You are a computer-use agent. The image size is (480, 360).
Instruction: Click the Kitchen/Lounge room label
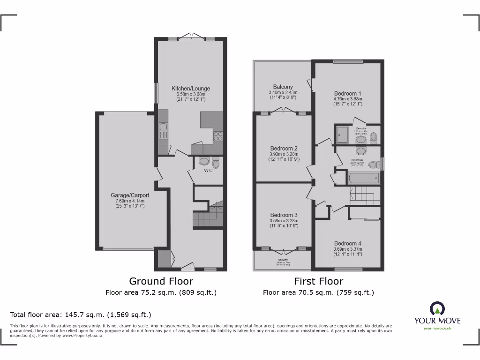tap(191, 89)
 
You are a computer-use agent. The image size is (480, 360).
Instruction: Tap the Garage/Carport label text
tap(130, 195)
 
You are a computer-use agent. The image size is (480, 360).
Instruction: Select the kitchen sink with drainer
tap(163, 131)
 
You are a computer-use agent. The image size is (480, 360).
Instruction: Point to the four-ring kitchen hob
tap(218, 136)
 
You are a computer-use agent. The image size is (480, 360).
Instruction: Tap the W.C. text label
tap(209, 171)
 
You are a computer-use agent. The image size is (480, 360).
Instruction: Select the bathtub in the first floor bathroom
tap(364, 178)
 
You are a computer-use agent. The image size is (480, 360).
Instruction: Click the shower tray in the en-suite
tap(342, 135)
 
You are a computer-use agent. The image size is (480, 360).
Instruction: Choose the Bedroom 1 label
tap(348, 93)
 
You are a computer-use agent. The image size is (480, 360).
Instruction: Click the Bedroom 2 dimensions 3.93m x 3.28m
tap(284, 154)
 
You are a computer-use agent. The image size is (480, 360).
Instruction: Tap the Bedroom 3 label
tap(284, 215)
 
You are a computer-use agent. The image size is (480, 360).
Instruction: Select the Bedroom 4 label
tap(348, 243)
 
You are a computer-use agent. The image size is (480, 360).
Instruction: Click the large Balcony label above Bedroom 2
tap(283, 87)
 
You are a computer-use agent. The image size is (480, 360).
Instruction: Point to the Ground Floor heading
tap(161, 281)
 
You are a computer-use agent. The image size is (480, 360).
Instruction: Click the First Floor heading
tap(318, 281)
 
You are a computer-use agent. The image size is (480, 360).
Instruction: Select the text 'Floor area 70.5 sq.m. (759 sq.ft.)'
tap(318, 292)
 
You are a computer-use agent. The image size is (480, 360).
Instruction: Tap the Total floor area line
tap(81, 315)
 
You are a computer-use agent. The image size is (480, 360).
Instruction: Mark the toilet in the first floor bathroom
tap(373, 165)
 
